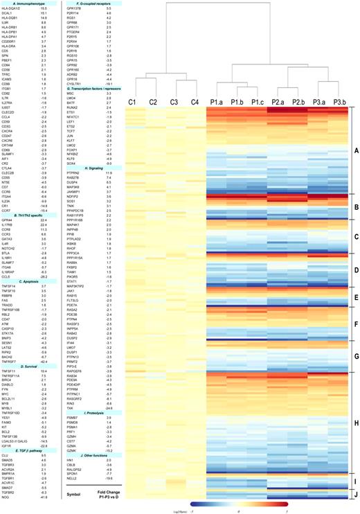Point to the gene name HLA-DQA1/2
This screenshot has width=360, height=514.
coord(12,8)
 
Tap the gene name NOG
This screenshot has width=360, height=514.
coord(7,459)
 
